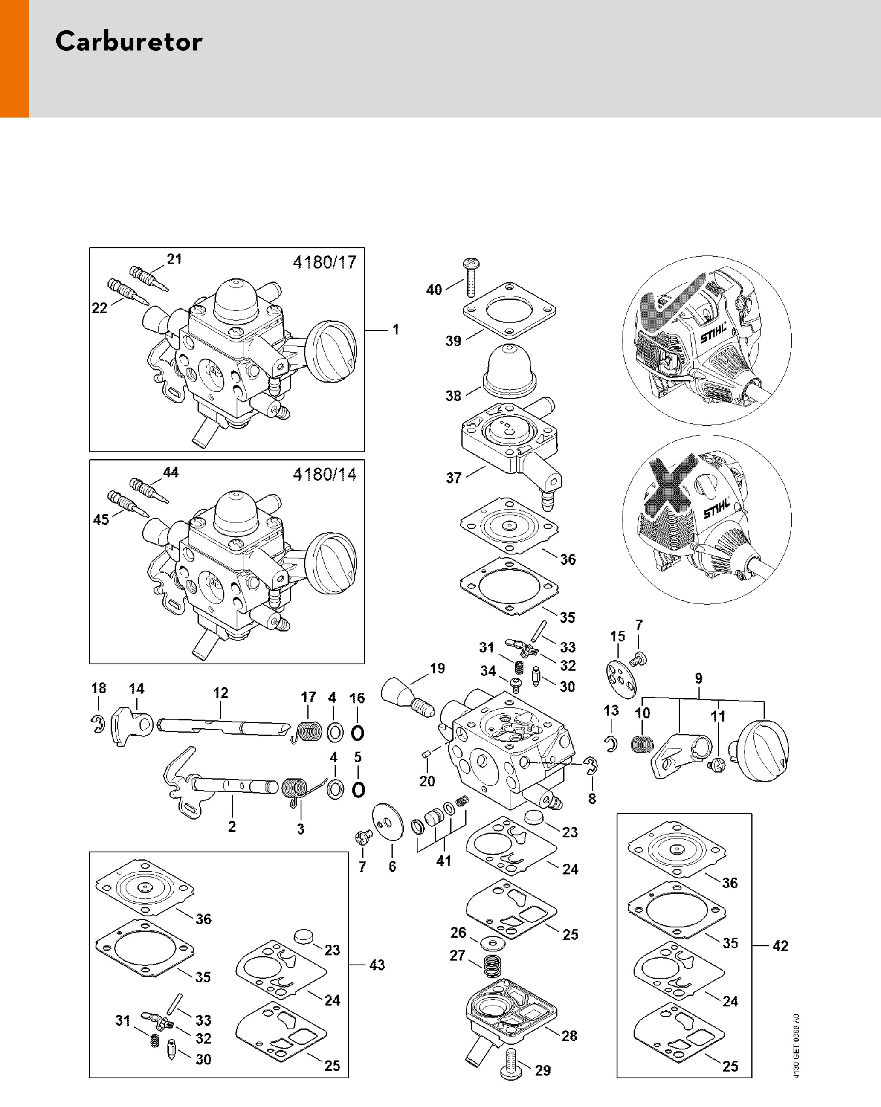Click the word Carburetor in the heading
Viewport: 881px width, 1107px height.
[x=129, y=41]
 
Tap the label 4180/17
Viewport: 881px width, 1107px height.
[x=324, y=262]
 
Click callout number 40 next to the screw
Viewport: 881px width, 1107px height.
[x=434, y=290]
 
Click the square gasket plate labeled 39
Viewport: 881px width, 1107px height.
[x=509, y=310]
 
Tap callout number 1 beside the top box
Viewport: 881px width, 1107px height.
[x=396, y=329]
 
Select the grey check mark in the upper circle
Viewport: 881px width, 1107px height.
[x=667, y=303]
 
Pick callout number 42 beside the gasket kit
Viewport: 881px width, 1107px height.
[x=780, y=945]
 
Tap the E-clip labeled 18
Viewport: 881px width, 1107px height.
[x=98, y=724]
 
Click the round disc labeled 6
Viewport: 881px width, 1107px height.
[x=388, y=822]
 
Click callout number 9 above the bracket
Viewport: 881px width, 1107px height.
[x=698, y=678]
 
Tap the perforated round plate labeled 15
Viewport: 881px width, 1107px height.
[x=621, y=679]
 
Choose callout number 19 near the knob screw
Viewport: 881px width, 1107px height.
[x=438, y=668]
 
